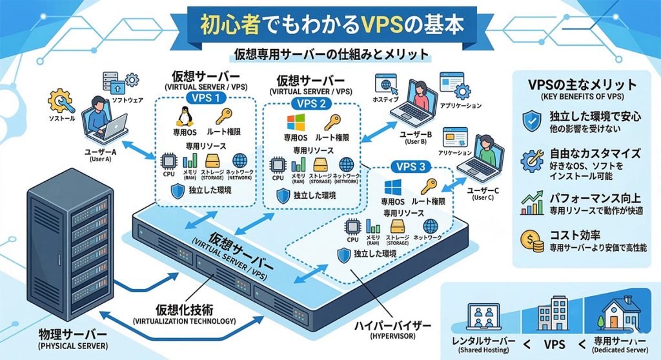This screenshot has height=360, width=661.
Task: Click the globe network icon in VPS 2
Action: pyautogui.click(x=347, y=164)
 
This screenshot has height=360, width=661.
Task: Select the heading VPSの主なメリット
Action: pyautogui.click(x=582, y=85)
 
